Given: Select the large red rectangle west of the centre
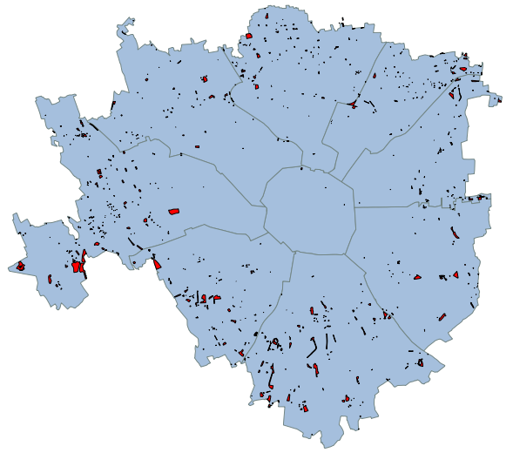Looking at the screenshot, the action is (173, 211).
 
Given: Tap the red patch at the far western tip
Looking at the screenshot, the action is (20, 266).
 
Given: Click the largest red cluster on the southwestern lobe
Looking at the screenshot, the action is (78, 266).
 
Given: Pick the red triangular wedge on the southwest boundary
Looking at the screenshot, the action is (158, 264).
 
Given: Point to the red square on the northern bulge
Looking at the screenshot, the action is (249, 37).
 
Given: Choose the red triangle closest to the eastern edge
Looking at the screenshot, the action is (456, 274).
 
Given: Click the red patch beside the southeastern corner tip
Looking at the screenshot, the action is (420, 362).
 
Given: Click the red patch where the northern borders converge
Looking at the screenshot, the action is (354, 105).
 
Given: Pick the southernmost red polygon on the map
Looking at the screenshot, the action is (307, 407).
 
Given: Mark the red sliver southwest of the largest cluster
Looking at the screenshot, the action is (51, 279).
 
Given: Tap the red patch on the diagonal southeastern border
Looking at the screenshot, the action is (385, 314).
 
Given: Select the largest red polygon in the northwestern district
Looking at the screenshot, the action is (205, 79).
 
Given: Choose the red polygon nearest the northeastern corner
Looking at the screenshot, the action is (464, 68).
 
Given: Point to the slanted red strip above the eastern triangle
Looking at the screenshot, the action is (455, 233).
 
